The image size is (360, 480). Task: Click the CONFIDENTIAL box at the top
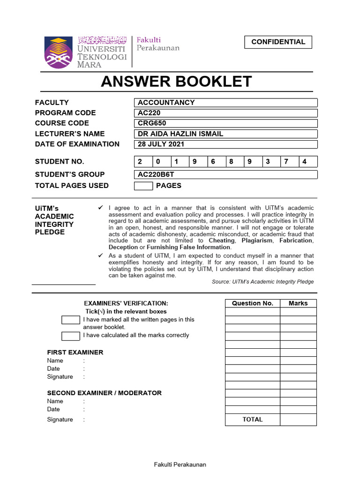278,42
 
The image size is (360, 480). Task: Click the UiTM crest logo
59,52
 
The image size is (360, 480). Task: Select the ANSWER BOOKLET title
177,82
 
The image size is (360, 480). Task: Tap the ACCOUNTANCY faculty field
225,103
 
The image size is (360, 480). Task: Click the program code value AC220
225,113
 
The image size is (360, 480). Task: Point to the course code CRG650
225,123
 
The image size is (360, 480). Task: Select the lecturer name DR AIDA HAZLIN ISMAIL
225,134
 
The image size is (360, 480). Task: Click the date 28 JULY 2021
225,144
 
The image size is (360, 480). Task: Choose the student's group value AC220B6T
225,174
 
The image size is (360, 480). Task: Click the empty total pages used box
143,186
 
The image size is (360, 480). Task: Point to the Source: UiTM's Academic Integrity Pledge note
262,282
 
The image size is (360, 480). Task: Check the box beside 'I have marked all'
71,320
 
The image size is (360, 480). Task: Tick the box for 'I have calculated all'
71,336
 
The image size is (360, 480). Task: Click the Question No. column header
253,303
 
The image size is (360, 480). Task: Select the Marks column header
298,303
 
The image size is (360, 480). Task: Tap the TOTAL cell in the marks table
253,420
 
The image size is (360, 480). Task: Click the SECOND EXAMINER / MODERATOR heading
104,393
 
